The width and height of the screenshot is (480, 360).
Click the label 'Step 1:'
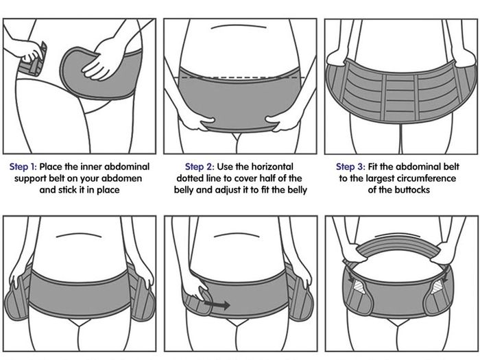(x=23, y=167)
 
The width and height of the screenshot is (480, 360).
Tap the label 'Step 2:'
(x=200, y=167)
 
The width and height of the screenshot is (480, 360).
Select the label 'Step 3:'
(x=350, y=167)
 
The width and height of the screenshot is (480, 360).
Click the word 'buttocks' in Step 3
(x=411, y=190)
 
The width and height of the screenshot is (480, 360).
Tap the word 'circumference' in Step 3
(x=428, y=178)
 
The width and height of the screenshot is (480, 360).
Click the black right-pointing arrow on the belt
(x=217, y=304)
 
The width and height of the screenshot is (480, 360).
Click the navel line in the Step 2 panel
(x=239, y=27)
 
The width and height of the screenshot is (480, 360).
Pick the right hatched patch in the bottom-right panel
(x=437, y=287)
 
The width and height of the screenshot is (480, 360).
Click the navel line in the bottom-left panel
(x=79, y=236)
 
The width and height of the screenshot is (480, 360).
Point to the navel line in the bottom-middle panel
(x=237, y=236)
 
